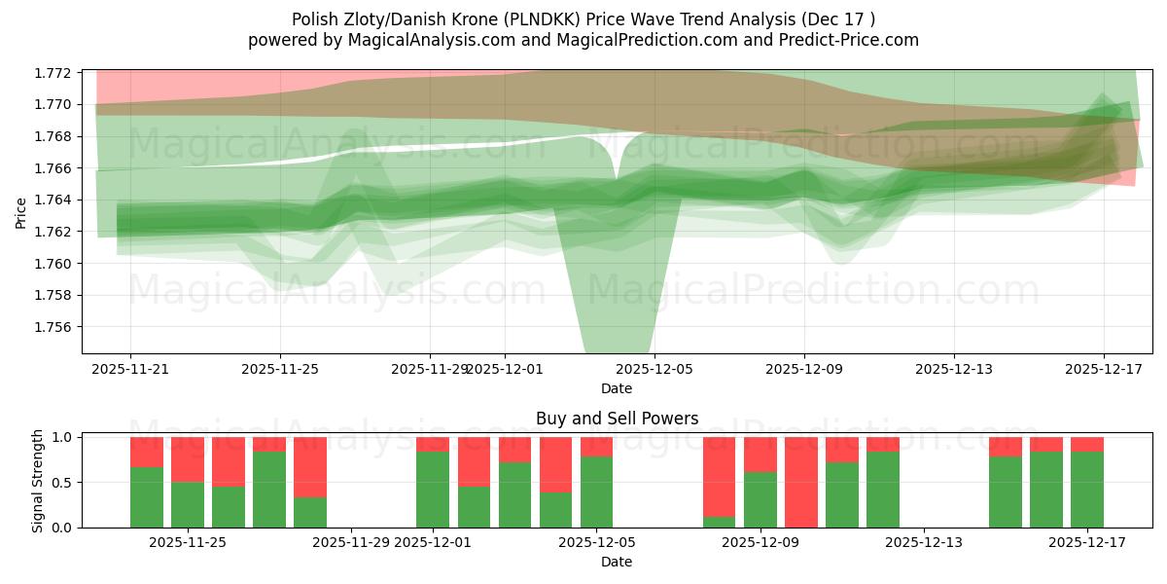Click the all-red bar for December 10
point(801,482)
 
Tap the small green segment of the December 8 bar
point(720,522)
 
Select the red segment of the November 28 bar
point(310,467)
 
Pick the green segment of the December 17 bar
point(1087,490)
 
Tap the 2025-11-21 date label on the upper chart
point(130,370)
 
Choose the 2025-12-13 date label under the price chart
point(953,370)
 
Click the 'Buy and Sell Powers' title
point(617,420)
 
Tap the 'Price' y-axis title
point(21,211)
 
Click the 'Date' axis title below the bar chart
point(617,562)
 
